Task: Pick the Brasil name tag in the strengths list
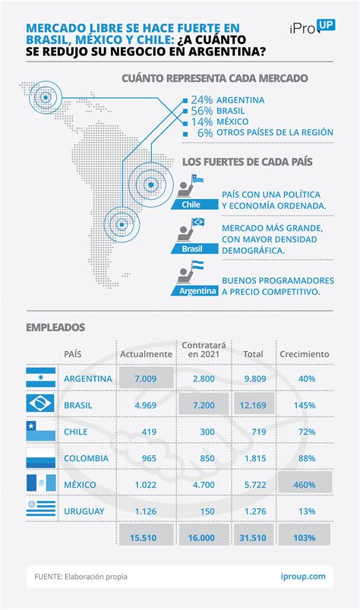point(192,248)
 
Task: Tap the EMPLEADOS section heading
point(55,327)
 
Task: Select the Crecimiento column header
point(305,354)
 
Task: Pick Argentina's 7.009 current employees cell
point(145,378)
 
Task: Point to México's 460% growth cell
point(305,485)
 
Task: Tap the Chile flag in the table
point(40,431)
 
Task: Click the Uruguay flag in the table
point(40,511)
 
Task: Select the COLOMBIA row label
point(86,458)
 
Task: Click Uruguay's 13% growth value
point(307,511)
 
